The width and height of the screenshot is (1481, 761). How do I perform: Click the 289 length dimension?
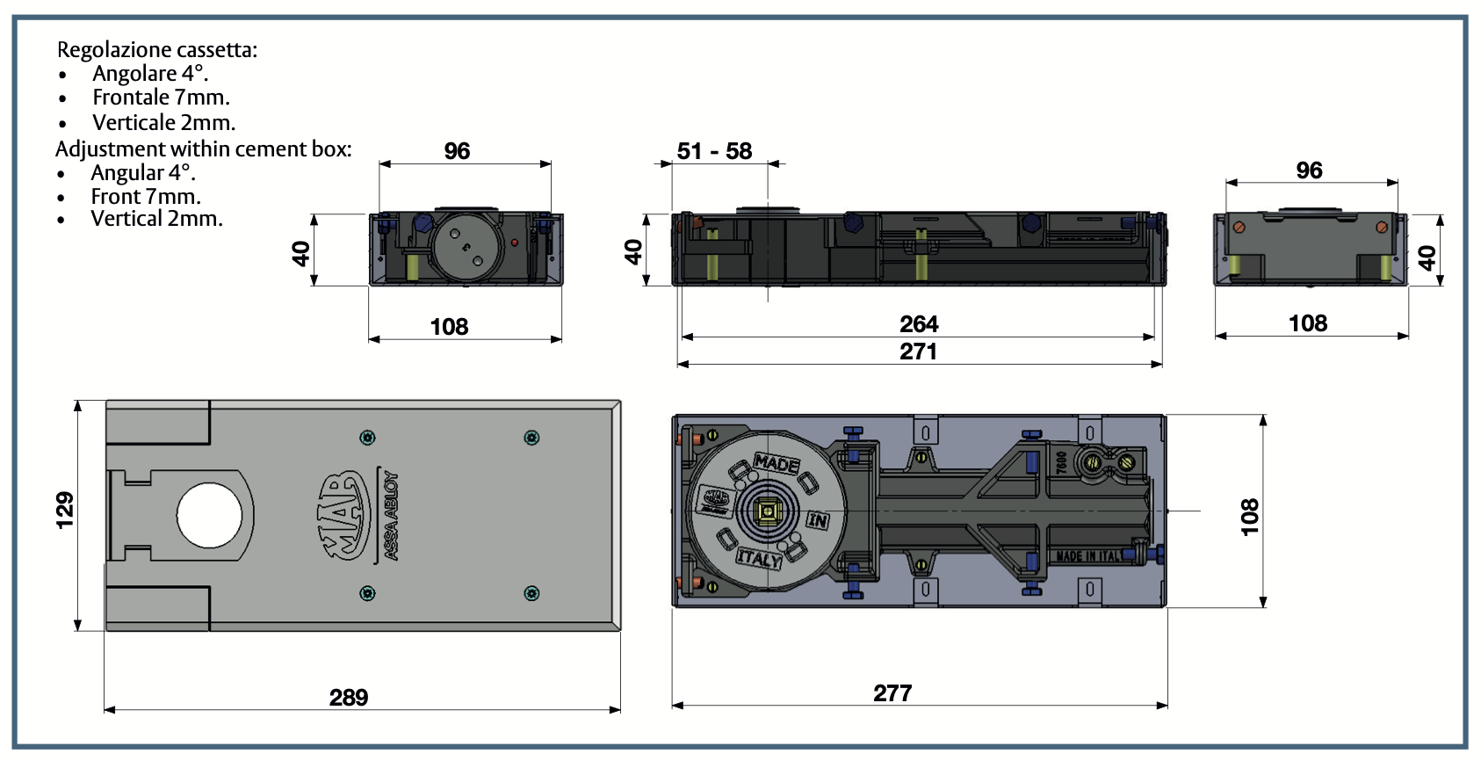tap(349, 698)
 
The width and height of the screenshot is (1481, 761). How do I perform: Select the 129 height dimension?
tap(65, 511)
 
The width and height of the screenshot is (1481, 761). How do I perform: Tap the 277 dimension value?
tap(892, 693)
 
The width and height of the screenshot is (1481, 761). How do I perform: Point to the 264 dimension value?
tap(919, 324)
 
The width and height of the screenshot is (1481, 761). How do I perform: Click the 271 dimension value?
tap(918, 352)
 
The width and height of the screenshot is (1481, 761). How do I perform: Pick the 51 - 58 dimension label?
tap(714, 151)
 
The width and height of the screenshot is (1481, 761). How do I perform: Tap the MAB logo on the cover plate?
tap(343, 515)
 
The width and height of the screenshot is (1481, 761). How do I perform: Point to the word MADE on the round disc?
tap(777, 463)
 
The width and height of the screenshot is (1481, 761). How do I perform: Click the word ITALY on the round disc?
tap(759, 558)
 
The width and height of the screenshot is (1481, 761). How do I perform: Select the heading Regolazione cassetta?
tap(157, 50)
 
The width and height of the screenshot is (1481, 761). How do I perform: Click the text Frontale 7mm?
tap(161, 98)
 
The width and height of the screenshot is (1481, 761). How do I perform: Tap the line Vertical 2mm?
tap(156, 219)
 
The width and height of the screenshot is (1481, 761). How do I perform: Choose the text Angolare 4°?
tap(150, 74)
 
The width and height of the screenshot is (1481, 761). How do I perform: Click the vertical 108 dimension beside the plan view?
tap(1249, 517)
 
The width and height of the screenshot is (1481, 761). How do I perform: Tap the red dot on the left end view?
tap(515, 242)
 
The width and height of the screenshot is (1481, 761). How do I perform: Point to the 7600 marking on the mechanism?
tap(1061, 462)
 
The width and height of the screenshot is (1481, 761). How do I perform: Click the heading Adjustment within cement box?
tap(203, 149)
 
